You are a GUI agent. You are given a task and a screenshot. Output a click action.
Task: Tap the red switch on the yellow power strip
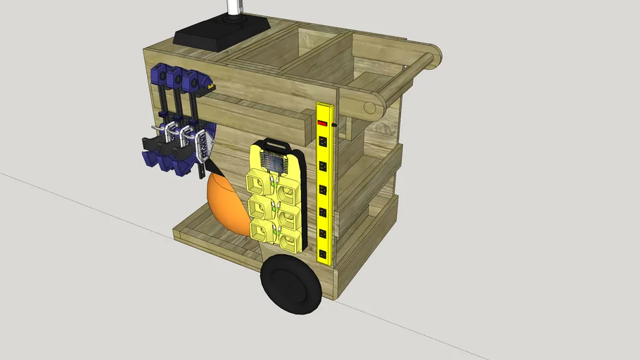click(323, 124)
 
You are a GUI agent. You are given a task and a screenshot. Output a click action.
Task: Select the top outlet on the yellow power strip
click(324, 141)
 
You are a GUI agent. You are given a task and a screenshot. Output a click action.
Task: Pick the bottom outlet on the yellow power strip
click(325, 250)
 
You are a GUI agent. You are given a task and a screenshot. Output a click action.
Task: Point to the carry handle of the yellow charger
click(274, 145)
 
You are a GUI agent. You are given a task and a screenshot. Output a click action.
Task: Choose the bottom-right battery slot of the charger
click(289, 238)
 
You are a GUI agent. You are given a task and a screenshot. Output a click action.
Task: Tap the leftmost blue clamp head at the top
click(158, 73)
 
